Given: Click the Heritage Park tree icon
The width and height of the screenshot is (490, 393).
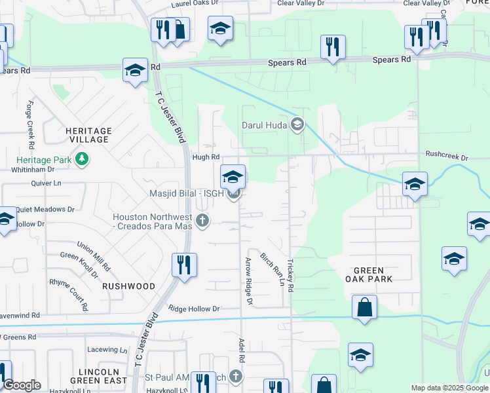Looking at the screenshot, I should pyautogui.click(x=82, y=158).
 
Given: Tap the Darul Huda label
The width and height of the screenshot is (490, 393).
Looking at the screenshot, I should pyautogui.click(x=265, y=124).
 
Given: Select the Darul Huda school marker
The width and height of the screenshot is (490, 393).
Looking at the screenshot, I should pyautogui.click(x=297, y=124).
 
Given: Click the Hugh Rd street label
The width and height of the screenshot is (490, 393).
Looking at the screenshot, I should pyautogui.click(x=205, y=157).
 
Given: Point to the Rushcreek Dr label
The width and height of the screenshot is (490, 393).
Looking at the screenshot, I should pyautogui.click(x=447, y=157).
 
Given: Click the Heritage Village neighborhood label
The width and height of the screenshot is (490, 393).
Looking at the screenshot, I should pyautogui.click(x=88, y=135).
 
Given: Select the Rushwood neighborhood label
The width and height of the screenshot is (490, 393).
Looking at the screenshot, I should pyautogui.click(x=128, y=286).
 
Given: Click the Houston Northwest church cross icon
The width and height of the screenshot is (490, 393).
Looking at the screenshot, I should pyautogui.click(x=203, y=220).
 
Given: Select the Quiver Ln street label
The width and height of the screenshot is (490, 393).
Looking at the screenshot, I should pyautogui.click(x=45, y=183).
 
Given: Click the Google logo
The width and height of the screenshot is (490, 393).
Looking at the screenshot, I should pyautogui.click(x=22, y=385).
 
